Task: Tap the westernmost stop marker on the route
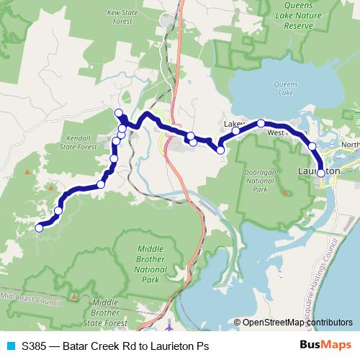point(39,228)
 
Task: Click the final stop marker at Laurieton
point(320,173)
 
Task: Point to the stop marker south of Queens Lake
point(261,123)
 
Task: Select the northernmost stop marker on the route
point(119,112)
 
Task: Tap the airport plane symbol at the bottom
point(171,325)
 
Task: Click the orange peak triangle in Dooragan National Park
point(284,192)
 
